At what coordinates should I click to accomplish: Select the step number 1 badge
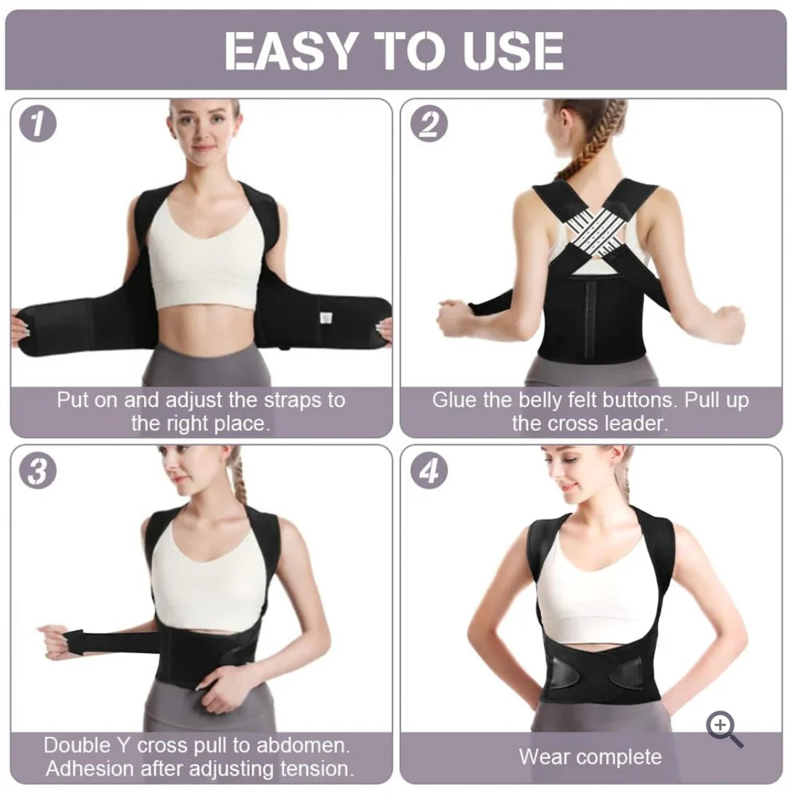coord(38,123)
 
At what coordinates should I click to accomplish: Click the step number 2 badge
coord(429,123)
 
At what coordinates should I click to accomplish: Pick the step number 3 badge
coord(38,471)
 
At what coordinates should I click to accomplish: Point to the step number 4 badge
coord(429,471)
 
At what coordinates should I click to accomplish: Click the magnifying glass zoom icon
coord(724,729)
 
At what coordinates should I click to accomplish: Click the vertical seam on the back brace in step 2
coord(592,311)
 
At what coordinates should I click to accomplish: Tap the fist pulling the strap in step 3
coord(57,642)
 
